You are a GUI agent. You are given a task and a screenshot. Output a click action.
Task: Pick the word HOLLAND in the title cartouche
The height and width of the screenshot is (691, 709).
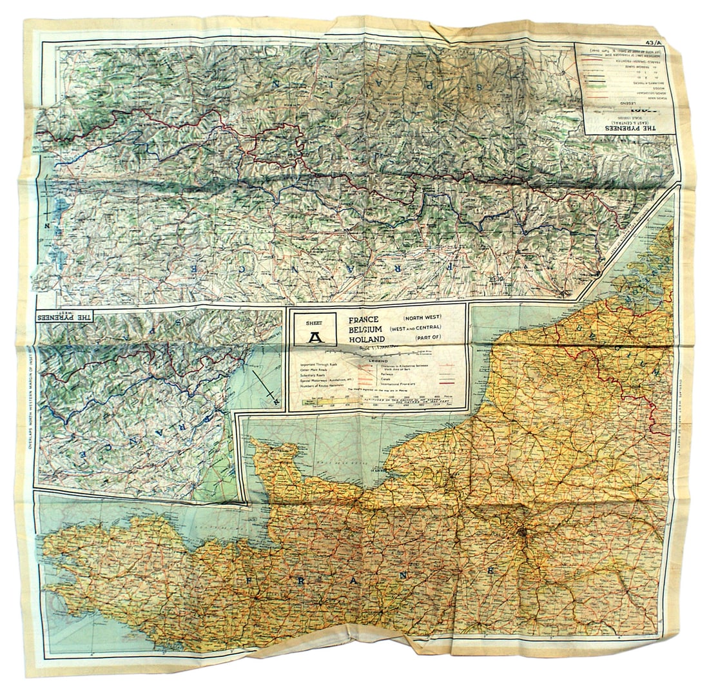367,340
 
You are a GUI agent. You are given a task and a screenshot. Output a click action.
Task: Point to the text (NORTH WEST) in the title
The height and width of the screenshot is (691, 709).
422,318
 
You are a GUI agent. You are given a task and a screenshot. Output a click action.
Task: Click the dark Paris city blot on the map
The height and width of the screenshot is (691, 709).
523,534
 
